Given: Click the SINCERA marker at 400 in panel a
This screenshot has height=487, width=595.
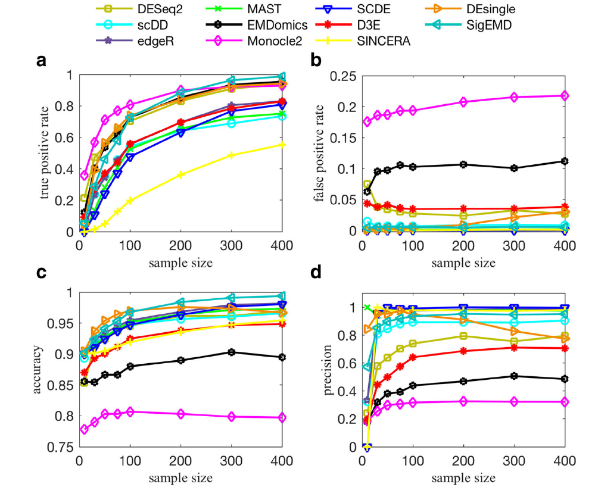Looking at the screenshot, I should point(282,145).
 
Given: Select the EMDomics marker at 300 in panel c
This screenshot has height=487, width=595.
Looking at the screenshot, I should point(232,352).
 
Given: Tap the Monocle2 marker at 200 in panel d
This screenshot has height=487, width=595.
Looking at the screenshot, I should point(462,401).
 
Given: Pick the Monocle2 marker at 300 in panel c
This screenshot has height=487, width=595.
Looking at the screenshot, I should point(232,416).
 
